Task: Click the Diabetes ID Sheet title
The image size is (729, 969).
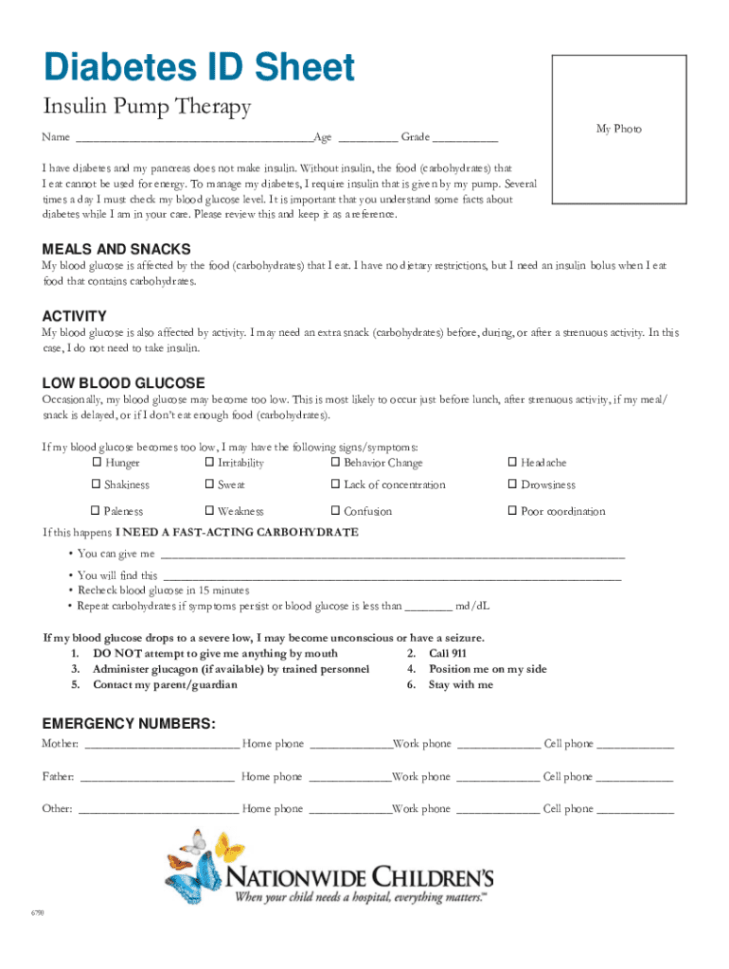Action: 198,68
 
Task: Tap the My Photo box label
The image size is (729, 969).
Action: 618,128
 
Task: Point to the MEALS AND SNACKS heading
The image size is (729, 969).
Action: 116,249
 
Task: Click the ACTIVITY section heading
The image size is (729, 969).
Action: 75,316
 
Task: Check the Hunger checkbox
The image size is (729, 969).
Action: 96,463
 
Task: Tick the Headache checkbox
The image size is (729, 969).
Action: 512,463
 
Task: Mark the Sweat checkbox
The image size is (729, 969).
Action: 209,484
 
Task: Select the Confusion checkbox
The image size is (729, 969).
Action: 335,511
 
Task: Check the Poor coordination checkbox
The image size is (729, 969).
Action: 512,511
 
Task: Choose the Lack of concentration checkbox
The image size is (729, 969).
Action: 335,484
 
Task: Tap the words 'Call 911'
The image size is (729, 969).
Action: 447,653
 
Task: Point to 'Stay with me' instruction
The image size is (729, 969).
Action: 460,684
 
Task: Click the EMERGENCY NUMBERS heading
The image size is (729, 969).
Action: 129,724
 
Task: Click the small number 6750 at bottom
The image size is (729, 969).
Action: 37,914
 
